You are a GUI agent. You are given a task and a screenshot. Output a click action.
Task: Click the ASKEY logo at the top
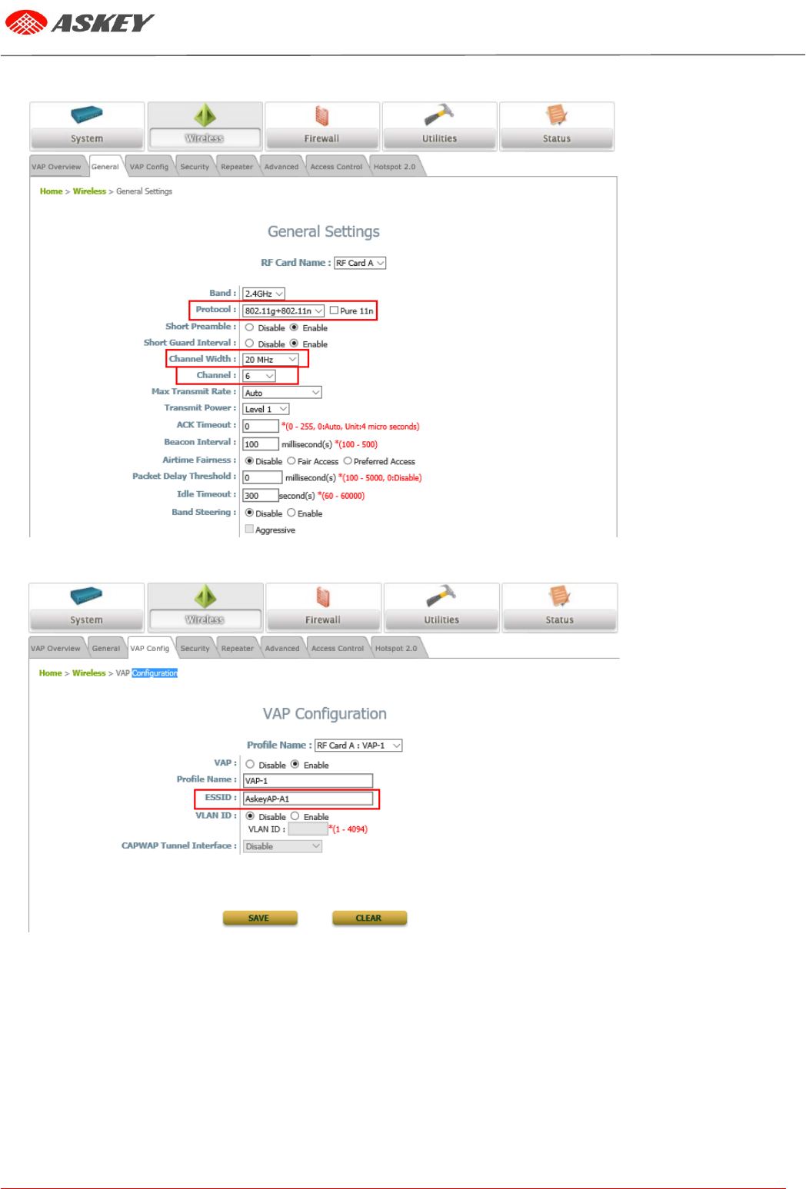coord(80,23)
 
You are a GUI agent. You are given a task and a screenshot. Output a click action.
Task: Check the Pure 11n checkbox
coord(334,311)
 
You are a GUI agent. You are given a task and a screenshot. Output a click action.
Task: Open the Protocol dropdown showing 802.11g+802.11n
coord(283,311)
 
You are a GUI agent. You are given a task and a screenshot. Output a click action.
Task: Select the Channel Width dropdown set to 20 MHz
coord(271,359)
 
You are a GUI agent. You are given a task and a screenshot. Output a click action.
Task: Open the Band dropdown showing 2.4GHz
coord(264,294)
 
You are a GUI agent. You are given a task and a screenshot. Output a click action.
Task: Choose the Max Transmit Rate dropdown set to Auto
coord(281,393)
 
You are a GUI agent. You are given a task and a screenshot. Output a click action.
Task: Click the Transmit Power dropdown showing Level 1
coord(266,409)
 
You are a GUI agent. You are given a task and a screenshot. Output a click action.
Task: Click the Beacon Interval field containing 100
coord(260,444)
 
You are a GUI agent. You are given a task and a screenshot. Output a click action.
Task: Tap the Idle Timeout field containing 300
coord(260,496)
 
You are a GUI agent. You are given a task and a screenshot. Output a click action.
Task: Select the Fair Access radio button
coord(291,461)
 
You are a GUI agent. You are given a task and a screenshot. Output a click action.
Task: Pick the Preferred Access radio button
coord(348,461)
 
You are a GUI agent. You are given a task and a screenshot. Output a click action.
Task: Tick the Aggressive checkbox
coord(249,529)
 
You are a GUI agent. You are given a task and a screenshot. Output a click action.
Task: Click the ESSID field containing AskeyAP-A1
coord(308,799)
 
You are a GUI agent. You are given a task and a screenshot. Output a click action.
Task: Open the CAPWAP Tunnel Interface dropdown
coord(282,846)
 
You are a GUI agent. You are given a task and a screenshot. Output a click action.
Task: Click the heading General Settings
coord(324,231)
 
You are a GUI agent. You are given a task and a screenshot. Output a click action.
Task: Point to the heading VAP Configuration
coord(325,713)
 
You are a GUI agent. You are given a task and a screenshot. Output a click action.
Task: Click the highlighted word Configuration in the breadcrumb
coord(155,673)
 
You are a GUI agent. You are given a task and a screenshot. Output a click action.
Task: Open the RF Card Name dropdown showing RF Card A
coord(360,263)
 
